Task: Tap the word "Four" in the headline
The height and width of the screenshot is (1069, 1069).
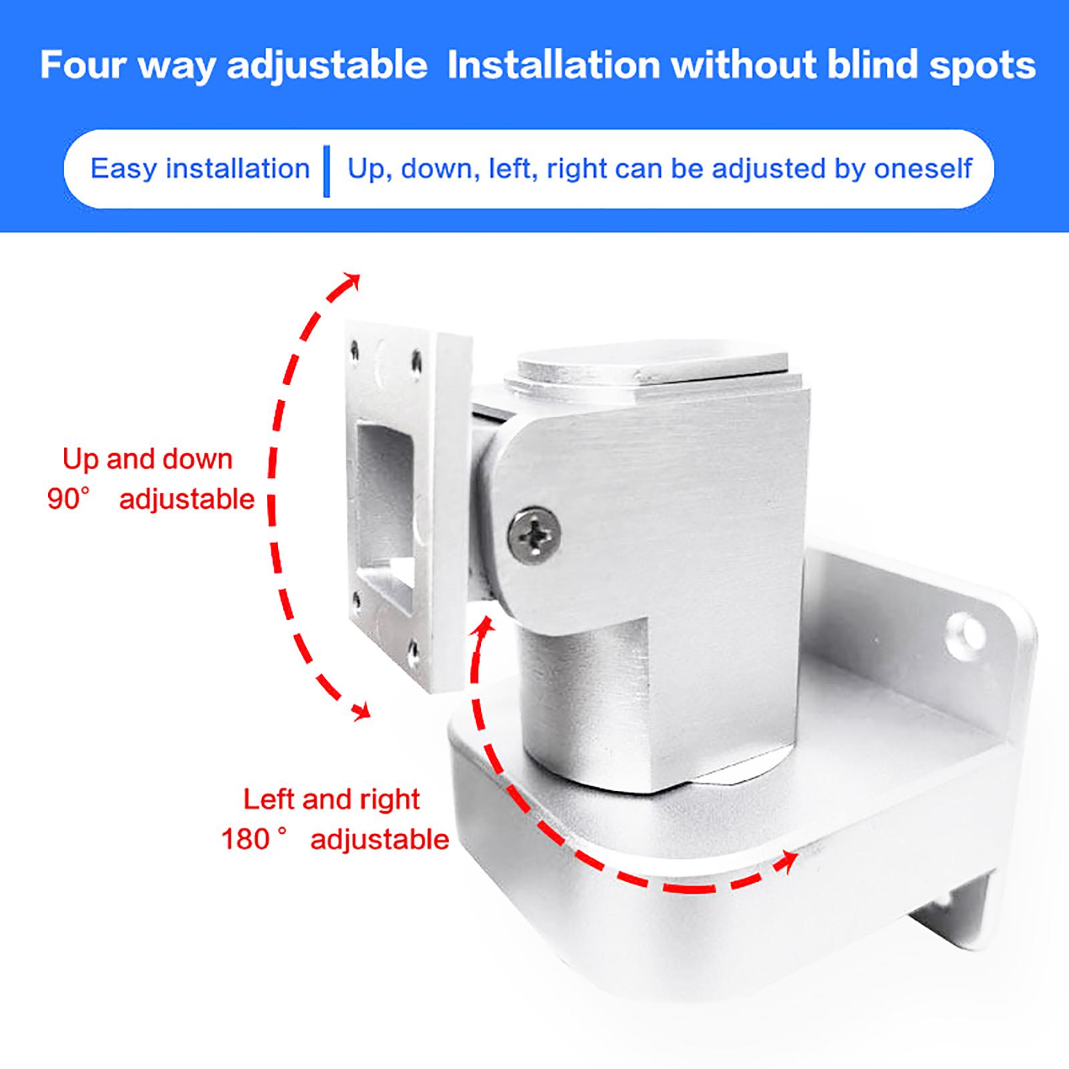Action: (x=84, y=65)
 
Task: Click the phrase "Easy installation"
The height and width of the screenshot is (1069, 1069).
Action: (x=200, y=168)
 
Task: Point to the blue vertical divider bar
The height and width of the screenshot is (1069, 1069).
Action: (x=327, y=171)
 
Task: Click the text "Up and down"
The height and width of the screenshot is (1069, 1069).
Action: (x=148, y=460)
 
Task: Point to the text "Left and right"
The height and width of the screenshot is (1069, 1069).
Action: (x=331, y=799)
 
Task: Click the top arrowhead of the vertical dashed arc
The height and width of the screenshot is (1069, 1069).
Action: (x=351, y=283)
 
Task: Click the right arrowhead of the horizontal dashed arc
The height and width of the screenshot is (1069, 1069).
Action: (x=787, y=861)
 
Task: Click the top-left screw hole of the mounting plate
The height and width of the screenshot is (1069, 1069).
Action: (x=353, y=351)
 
